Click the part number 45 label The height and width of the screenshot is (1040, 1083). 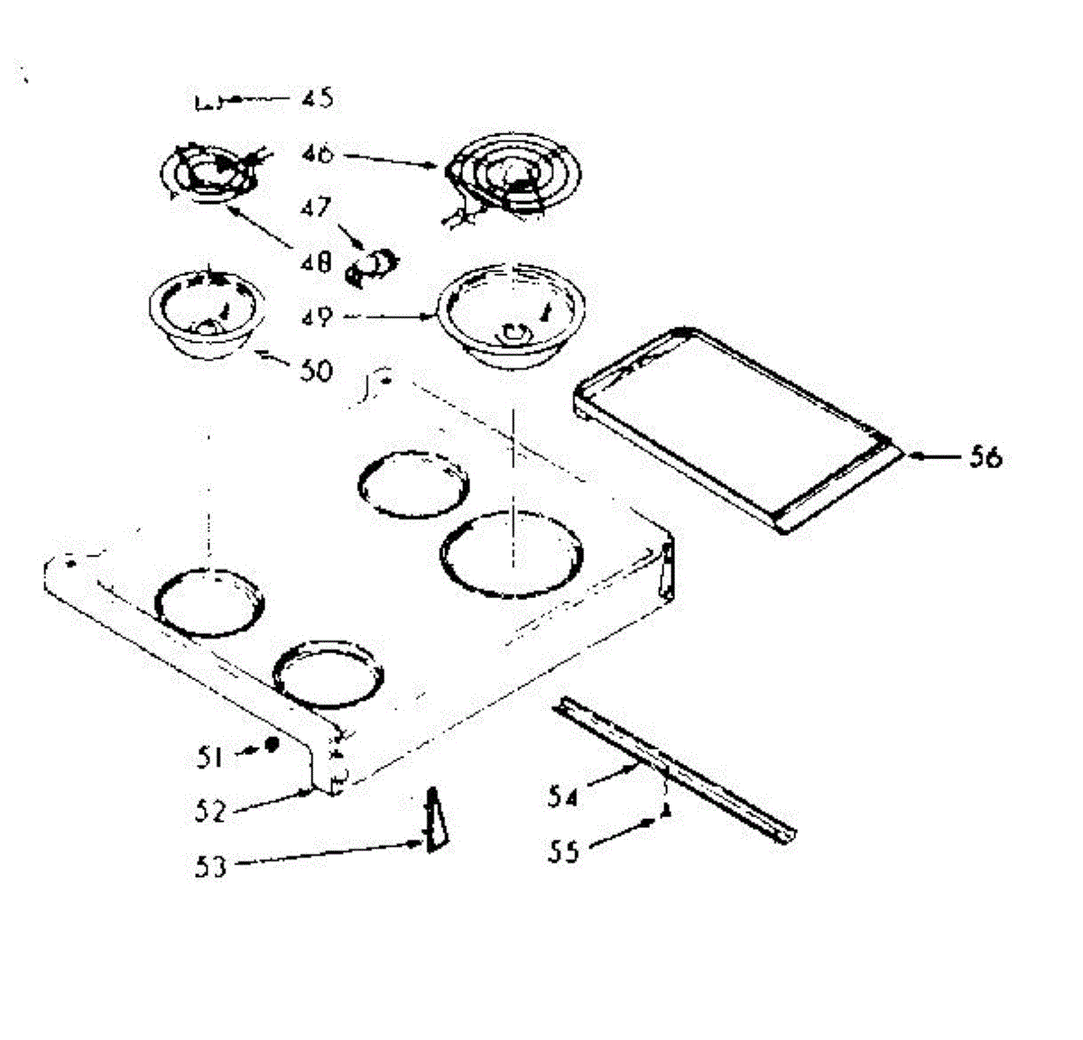pos(316,97)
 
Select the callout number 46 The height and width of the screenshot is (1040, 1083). pos(318,154)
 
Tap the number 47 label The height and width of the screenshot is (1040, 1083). pos(317,208)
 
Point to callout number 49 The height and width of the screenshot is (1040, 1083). pos(317,318)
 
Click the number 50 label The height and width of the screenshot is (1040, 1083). pos(315,371)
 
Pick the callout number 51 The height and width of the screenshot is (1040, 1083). pos(209,756)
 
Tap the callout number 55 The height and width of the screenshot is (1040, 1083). pos(564,851)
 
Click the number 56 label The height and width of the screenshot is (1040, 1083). pos(986,457)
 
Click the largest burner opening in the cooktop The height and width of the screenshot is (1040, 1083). pos(512,554)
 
